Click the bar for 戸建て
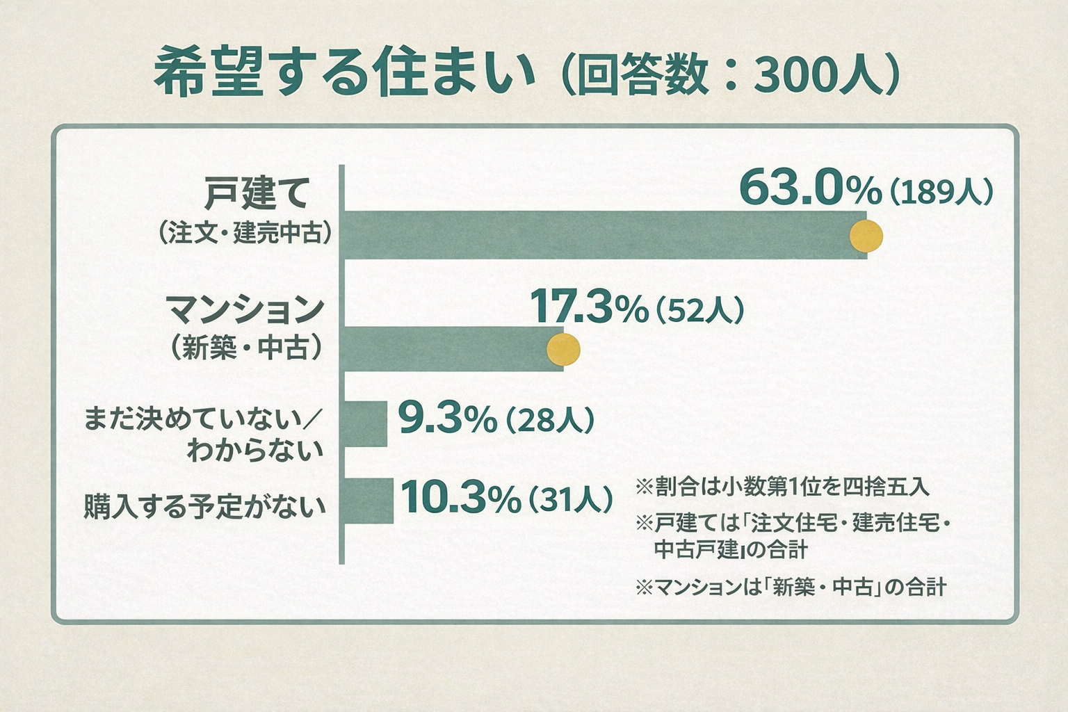coord(598,235)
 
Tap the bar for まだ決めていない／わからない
coord(366,423)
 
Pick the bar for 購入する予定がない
coord(369,501)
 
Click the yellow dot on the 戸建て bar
coord(866,236)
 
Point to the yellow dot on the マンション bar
coord(563,350)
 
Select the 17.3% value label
coord(589,307)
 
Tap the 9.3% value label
coord(447,419)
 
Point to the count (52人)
coord(700,310)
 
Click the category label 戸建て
coord(257,194)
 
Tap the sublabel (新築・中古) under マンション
coord(246,347)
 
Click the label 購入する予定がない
coord(204,506)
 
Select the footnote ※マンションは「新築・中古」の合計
coord(791,588)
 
